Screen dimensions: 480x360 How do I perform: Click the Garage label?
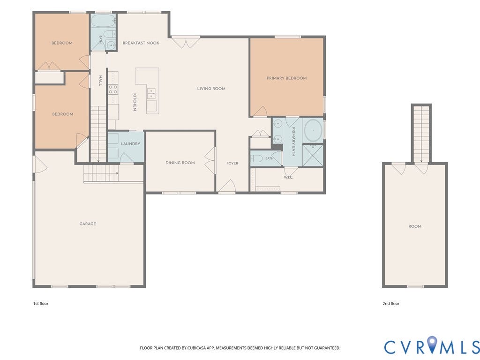88,224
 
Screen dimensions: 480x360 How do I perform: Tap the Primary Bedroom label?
286,78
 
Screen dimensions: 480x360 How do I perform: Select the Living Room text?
211,89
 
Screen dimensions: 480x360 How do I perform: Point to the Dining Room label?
180,163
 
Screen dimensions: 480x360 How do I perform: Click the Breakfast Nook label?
141,43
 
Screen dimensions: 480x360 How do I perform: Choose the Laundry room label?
130,143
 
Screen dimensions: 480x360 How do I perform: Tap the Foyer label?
232,163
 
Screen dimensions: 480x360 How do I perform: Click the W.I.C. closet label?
288,177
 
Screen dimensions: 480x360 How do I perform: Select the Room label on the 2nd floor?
415,226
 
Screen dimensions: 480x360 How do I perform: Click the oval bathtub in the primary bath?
313,130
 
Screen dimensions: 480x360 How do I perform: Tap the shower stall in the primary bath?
313,155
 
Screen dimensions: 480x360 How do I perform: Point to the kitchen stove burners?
112,90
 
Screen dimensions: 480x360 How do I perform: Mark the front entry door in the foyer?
227,187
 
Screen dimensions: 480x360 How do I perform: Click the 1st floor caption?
41,304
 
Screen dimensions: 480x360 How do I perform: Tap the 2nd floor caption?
391,304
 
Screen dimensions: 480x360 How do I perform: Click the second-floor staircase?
421,134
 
